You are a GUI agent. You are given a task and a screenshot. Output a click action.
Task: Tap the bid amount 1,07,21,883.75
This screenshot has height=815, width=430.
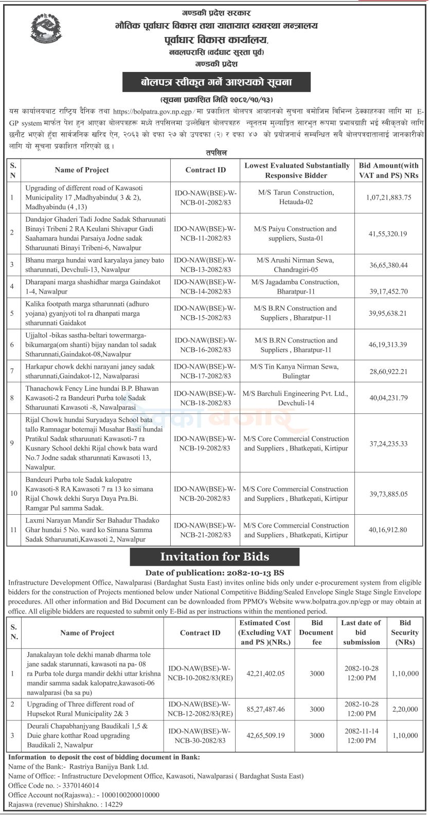(389, 197)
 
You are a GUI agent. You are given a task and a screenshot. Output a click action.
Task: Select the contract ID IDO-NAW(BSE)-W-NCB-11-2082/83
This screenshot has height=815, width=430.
(205, 233)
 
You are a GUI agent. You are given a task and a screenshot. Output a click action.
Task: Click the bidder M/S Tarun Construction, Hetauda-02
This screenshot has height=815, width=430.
(296, 197)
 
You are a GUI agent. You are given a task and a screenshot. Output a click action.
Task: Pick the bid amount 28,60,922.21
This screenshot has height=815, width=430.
(389, 371)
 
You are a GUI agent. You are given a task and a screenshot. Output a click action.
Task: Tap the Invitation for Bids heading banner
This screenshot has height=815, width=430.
(214, 556)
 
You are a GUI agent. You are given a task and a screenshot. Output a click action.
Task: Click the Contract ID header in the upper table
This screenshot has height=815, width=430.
(205, 170)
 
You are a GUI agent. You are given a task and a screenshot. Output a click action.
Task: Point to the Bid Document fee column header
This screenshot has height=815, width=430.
(316, 632)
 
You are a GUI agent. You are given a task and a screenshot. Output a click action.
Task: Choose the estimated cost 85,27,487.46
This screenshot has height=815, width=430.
(265, 709)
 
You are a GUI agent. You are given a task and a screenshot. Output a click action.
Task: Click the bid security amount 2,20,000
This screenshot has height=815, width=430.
(405, 709)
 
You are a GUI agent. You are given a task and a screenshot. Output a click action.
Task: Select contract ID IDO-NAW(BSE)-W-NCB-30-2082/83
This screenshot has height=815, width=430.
(200, 736)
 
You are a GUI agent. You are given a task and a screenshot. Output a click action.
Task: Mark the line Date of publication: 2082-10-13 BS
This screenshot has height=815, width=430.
(214, 573)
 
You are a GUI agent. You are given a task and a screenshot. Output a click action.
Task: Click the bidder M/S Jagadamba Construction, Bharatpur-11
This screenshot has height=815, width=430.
(296, 287)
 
